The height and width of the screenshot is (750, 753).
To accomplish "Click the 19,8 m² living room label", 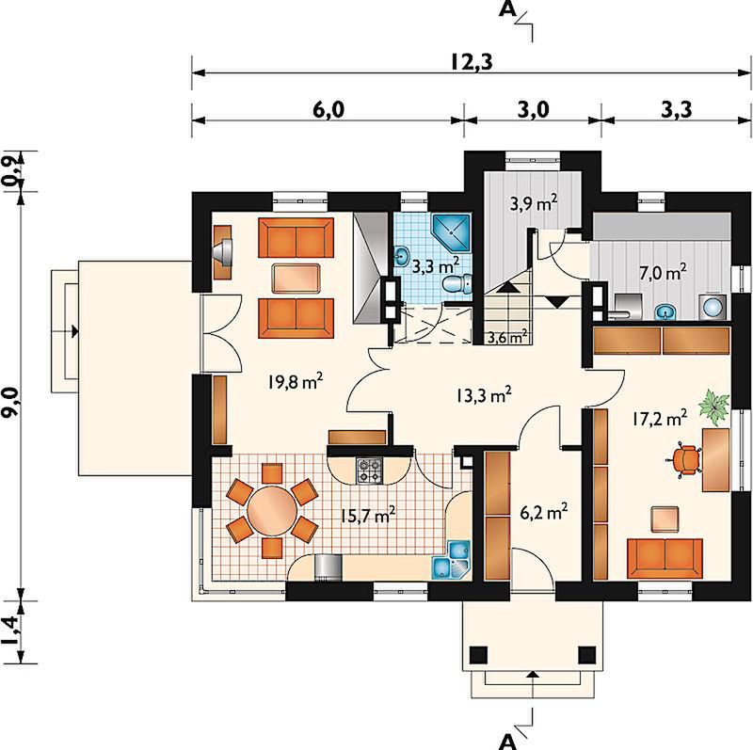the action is tap(296, 382).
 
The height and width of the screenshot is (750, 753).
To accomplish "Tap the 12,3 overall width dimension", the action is tap(472, 62).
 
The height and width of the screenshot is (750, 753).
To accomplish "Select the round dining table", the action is tap(272, 510).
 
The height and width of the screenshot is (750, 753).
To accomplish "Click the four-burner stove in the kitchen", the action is tap(369, 471).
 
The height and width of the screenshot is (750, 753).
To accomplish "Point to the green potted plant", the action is tap(714, 407).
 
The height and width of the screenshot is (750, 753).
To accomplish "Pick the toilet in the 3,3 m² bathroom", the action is tap(457, 284).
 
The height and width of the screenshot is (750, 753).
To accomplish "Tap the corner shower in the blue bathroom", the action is tap(452, 232).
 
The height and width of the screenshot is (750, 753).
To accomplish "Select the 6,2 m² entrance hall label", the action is tap(544, 512).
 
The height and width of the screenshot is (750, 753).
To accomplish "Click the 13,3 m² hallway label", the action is tap(483, 395).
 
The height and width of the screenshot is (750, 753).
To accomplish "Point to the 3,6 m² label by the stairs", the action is tap(507, 337).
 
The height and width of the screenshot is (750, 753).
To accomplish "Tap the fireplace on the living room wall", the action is tap(222, 251).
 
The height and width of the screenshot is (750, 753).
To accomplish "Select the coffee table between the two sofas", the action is tap(296, 278).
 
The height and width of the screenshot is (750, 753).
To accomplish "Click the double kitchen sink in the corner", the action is tap(452, 560).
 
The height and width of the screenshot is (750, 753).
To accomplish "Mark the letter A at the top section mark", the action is tap(506, 9).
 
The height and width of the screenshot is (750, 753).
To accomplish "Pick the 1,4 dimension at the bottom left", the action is tap(12, 630).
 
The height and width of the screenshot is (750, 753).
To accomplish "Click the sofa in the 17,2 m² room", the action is tap(665, 558).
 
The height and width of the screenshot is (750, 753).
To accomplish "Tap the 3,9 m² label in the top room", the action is tap(534, 203).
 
